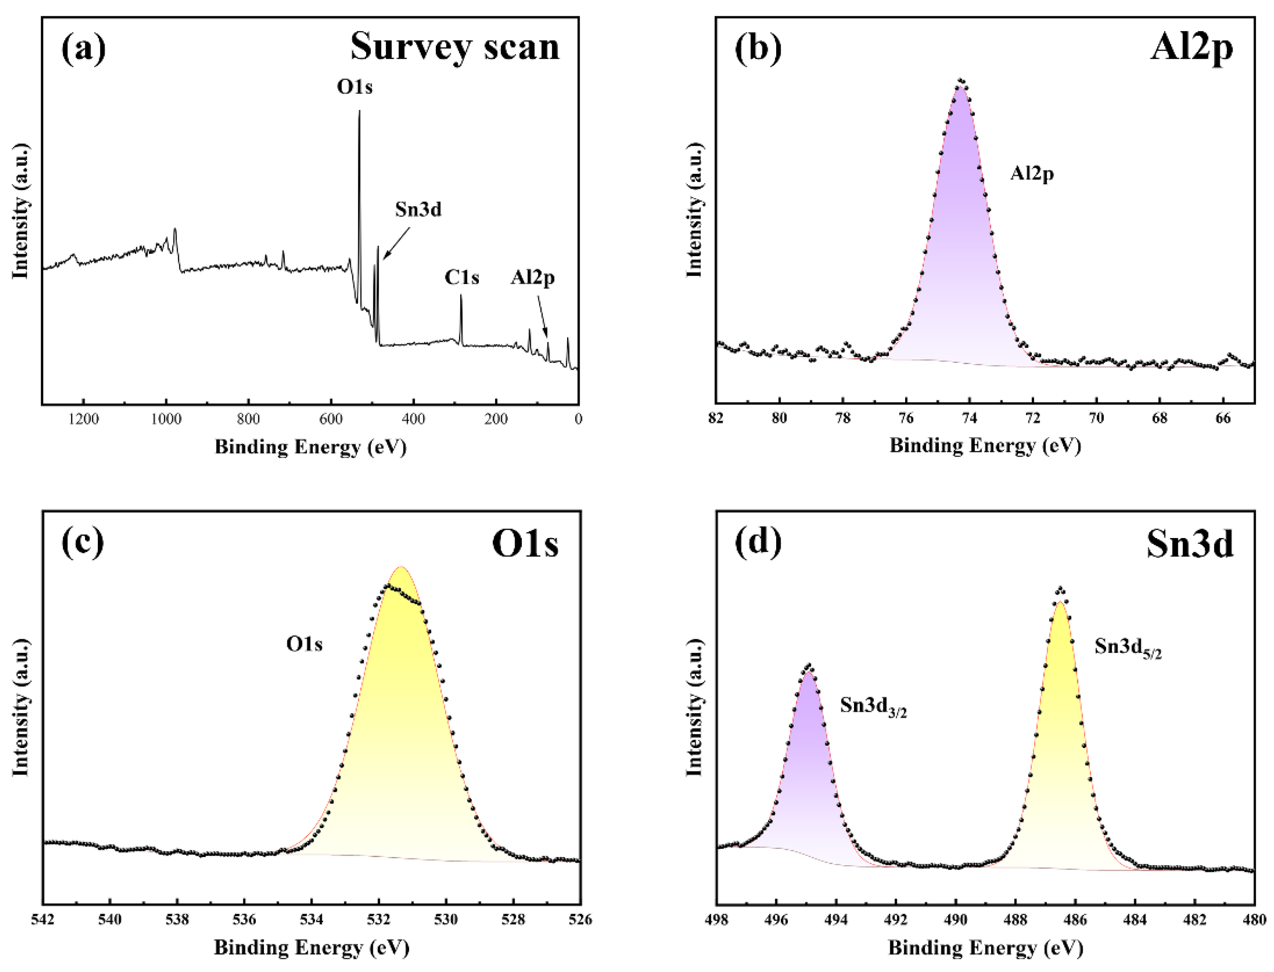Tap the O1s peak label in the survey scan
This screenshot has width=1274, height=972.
(x=355, y=87)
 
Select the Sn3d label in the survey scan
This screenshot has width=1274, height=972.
(x=418, y=210)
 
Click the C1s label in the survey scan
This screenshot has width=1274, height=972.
(x=462, y=278)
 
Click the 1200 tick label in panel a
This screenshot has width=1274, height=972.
(x=83, y=419)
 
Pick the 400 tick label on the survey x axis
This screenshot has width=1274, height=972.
(x=413, y=419)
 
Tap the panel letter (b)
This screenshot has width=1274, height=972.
(x=758, y=48)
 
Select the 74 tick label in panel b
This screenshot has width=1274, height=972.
(x=970, y=418)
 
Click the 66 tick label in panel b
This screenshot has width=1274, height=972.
(x=1223, y=418)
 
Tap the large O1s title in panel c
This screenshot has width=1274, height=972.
(x=525, y=544)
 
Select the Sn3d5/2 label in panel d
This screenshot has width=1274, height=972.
(x=1127, y=648)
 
